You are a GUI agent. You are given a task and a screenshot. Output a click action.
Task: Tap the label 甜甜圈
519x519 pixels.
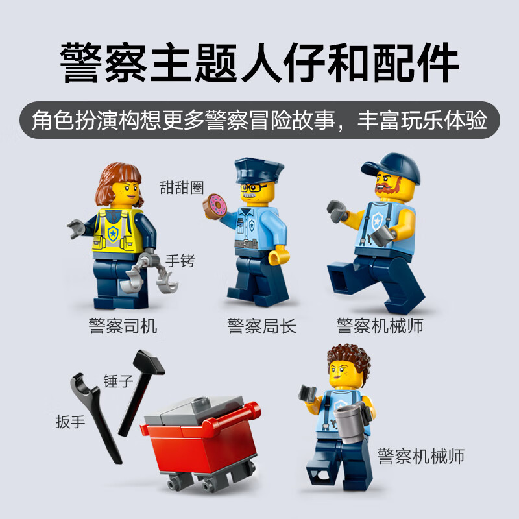[182, 187]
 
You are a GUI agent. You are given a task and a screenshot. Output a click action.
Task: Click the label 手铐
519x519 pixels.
[180, 261]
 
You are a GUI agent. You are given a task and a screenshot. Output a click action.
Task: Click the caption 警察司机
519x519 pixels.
[123, 325]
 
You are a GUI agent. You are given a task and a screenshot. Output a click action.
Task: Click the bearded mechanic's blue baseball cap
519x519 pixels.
[392, 167]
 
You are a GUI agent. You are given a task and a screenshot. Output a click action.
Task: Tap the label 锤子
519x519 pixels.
[118, 381]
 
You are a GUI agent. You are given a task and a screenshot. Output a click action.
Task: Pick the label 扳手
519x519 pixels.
[70, 422]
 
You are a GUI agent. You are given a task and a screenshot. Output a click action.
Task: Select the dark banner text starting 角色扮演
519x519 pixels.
[259, 119]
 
